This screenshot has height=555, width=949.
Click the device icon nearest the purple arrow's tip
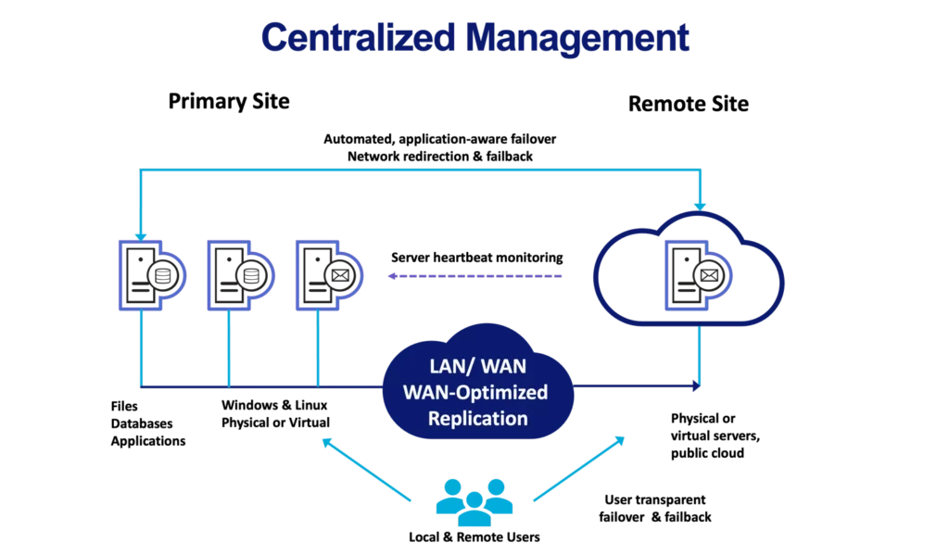325,275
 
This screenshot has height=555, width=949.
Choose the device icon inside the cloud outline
698,275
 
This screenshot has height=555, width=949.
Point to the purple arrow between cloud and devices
477,276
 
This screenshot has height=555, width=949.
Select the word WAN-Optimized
475,392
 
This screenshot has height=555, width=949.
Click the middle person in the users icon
474,505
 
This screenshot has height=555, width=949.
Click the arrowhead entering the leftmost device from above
138,234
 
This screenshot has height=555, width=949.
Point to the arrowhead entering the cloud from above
701,204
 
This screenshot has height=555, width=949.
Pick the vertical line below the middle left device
226,347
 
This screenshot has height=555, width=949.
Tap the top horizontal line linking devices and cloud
417,169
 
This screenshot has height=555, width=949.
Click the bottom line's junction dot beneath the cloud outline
701,386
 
